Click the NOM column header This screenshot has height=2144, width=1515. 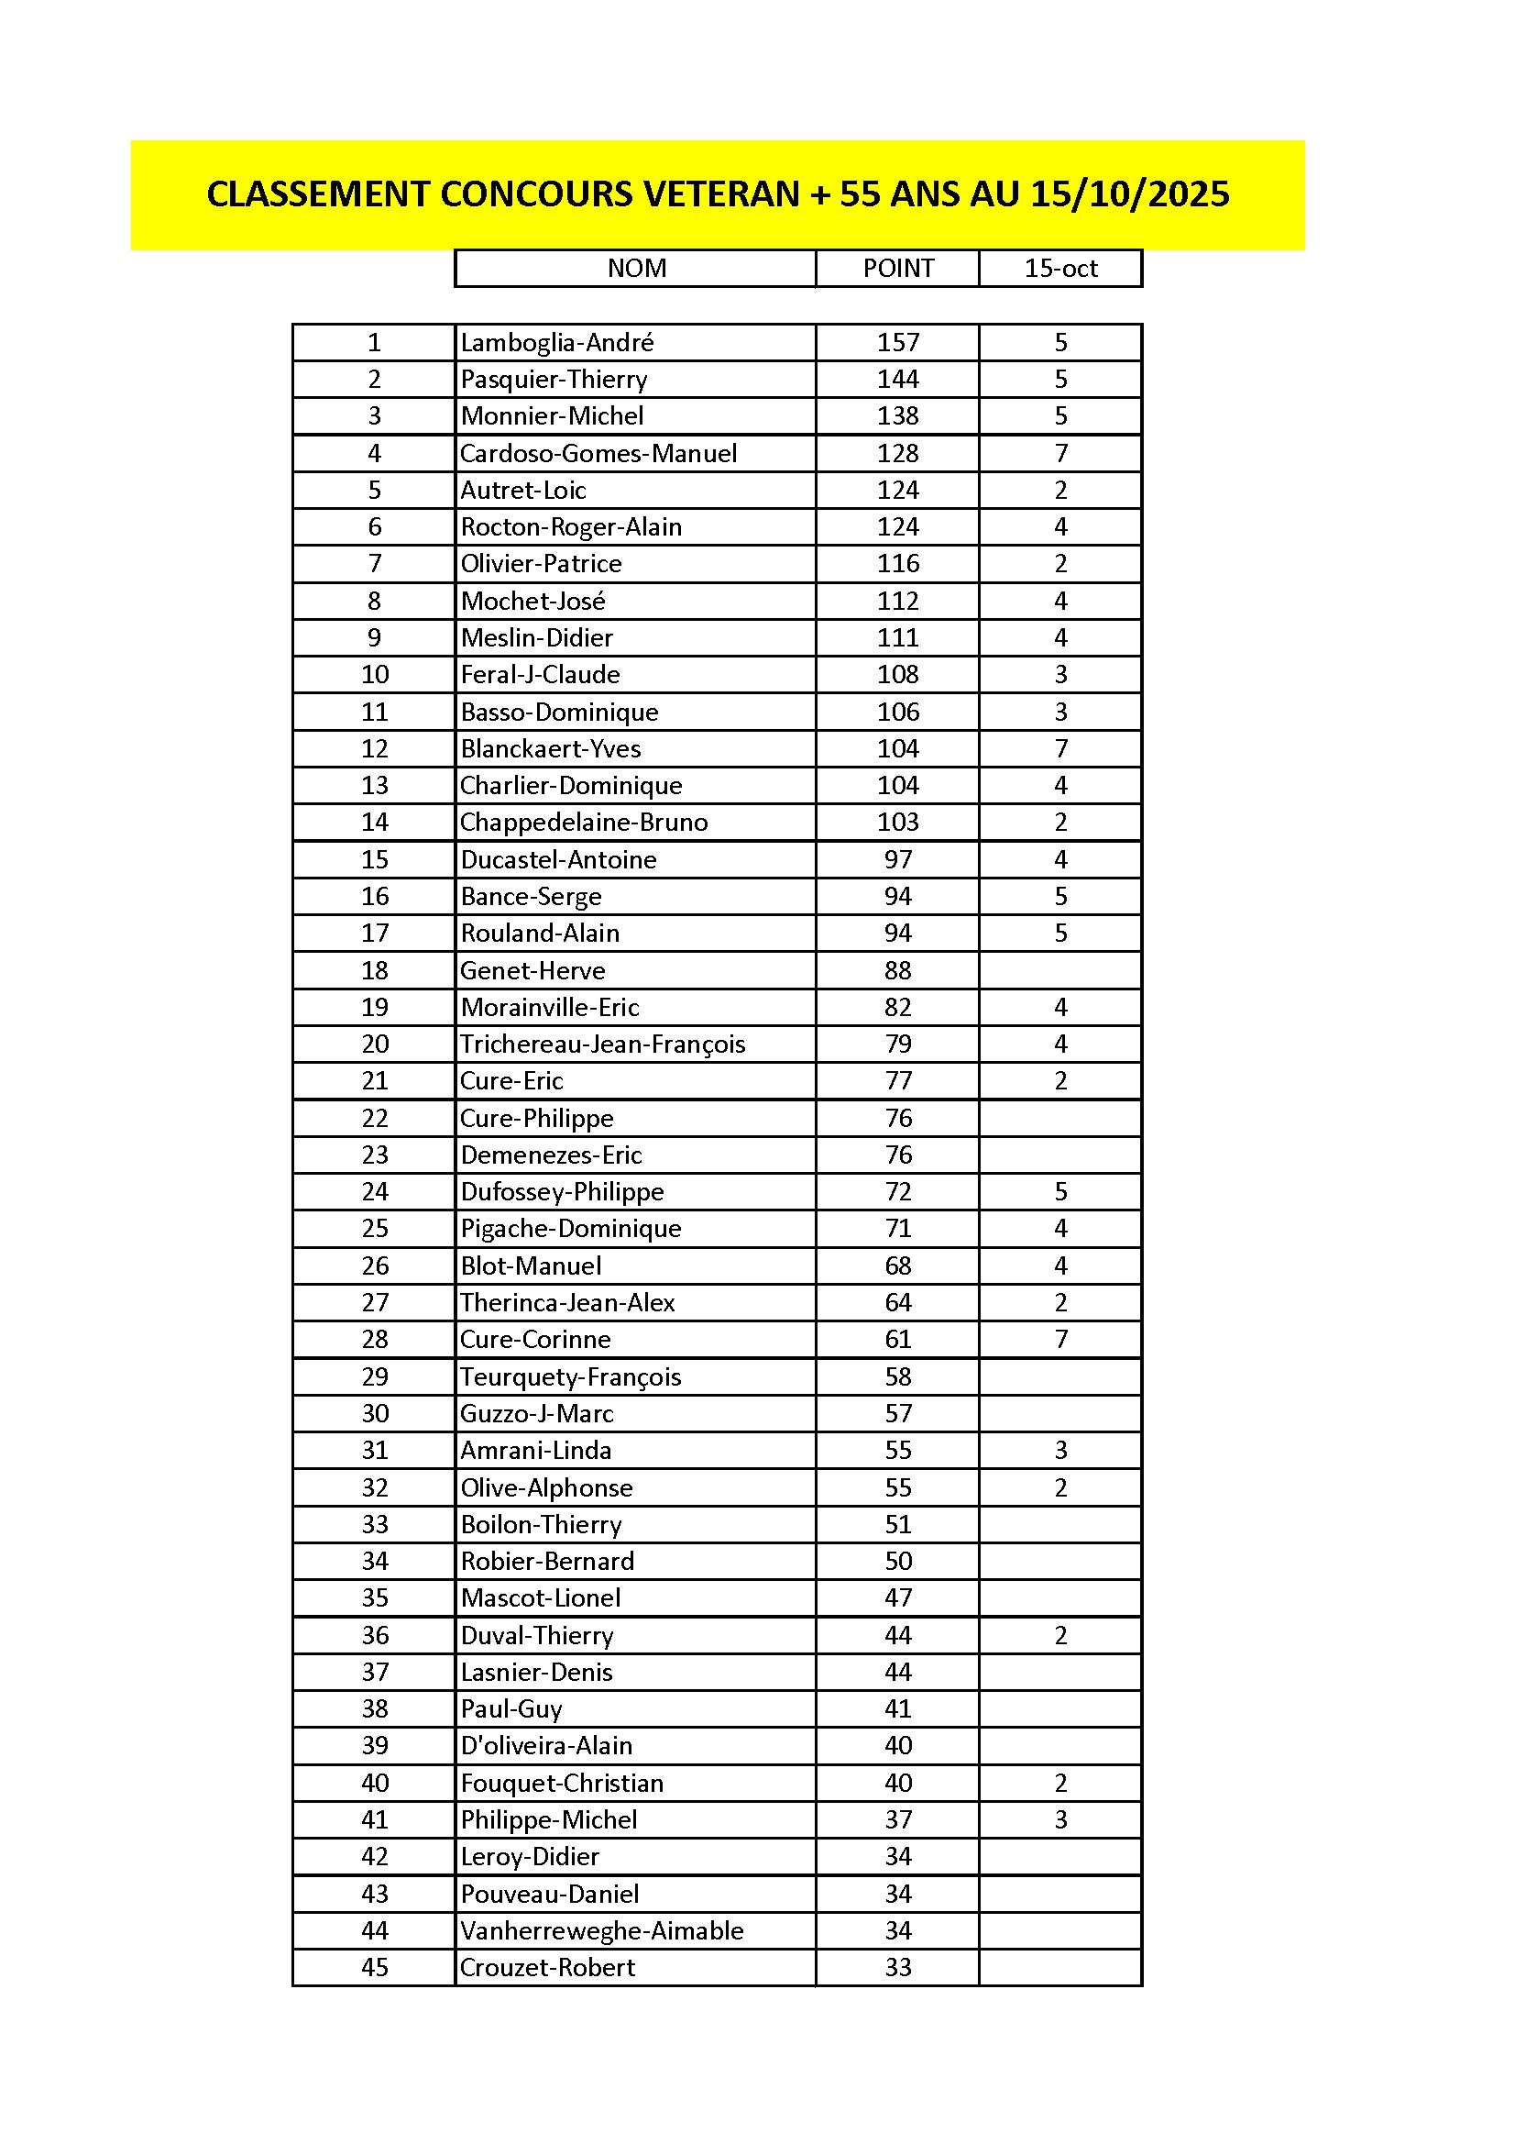click(x=637, y=269)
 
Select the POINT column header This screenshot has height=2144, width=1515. click(x=897, y=269)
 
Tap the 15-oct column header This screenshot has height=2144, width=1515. click(x=1060, y=269)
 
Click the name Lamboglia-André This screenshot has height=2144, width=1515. click(x=556, y=343)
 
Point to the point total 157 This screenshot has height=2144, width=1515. click(x=897, y=343)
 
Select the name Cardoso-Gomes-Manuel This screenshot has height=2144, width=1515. click(x=598, y=454)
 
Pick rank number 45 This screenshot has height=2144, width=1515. click(x=374, y=1968)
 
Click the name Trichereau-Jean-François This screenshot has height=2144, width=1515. click(x=602, y=1044)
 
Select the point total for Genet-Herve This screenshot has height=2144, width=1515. click(x=897, y=970)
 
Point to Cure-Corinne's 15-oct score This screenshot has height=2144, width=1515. click(x=1060, y=1339)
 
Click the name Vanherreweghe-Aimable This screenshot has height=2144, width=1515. click(x=602, y=1930)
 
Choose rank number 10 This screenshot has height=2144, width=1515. click(x=374, y=674)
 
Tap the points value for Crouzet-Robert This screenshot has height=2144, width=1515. click(x=897, y=1968)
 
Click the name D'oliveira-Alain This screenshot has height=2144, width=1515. click(x=546, y=1745)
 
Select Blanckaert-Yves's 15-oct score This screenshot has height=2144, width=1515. click(x=1060, y=749)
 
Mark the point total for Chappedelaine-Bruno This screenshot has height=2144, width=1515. click(x=897, y=823)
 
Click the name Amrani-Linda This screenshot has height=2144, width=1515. click(x=536, y=1450)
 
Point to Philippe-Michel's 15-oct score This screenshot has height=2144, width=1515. click(x=1060, y=1819)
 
